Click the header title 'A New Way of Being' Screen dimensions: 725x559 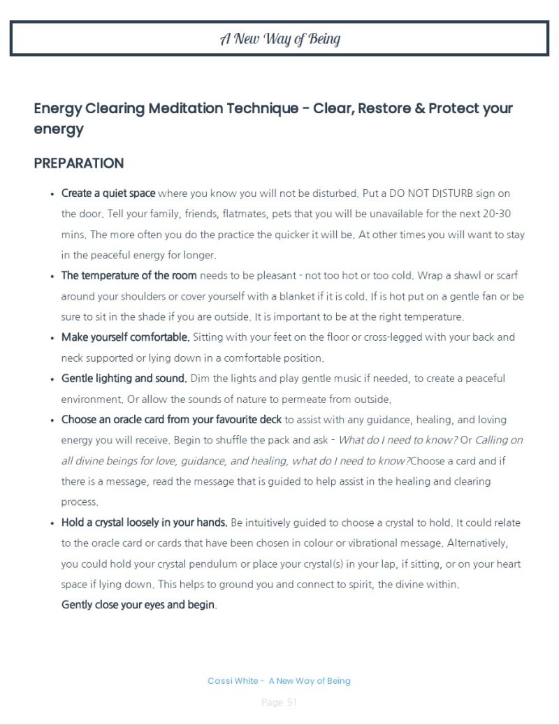[x=279, y=38]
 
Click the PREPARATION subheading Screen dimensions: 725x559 [x=78, y=163]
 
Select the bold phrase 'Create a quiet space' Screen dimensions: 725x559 [x=108, y=193]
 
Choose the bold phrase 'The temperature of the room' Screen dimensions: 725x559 [x=129, y=275]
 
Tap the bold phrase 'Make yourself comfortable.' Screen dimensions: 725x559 [x=126, y=337]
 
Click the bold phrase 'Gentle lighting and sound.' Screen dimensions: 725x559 [x=124, y=379]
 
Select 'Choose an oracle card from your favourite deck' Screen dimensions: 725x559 [x=172, y=420]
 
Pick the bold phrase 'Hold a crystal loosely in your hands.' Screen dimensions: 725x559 [x=144, y=522]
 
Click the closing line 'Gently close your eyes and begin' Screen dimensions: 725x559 [x=138, y=605]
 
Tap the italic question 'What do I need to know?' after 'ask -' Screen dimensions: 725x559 [x=398, y=440]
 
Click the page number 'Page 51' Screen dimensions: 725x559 [x=279, y=703]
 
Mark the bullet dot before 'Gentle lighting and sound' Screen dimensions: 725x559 [x=52, y=379]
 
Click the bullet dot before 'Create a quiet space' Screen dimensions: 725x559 [x=52, y=193]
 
